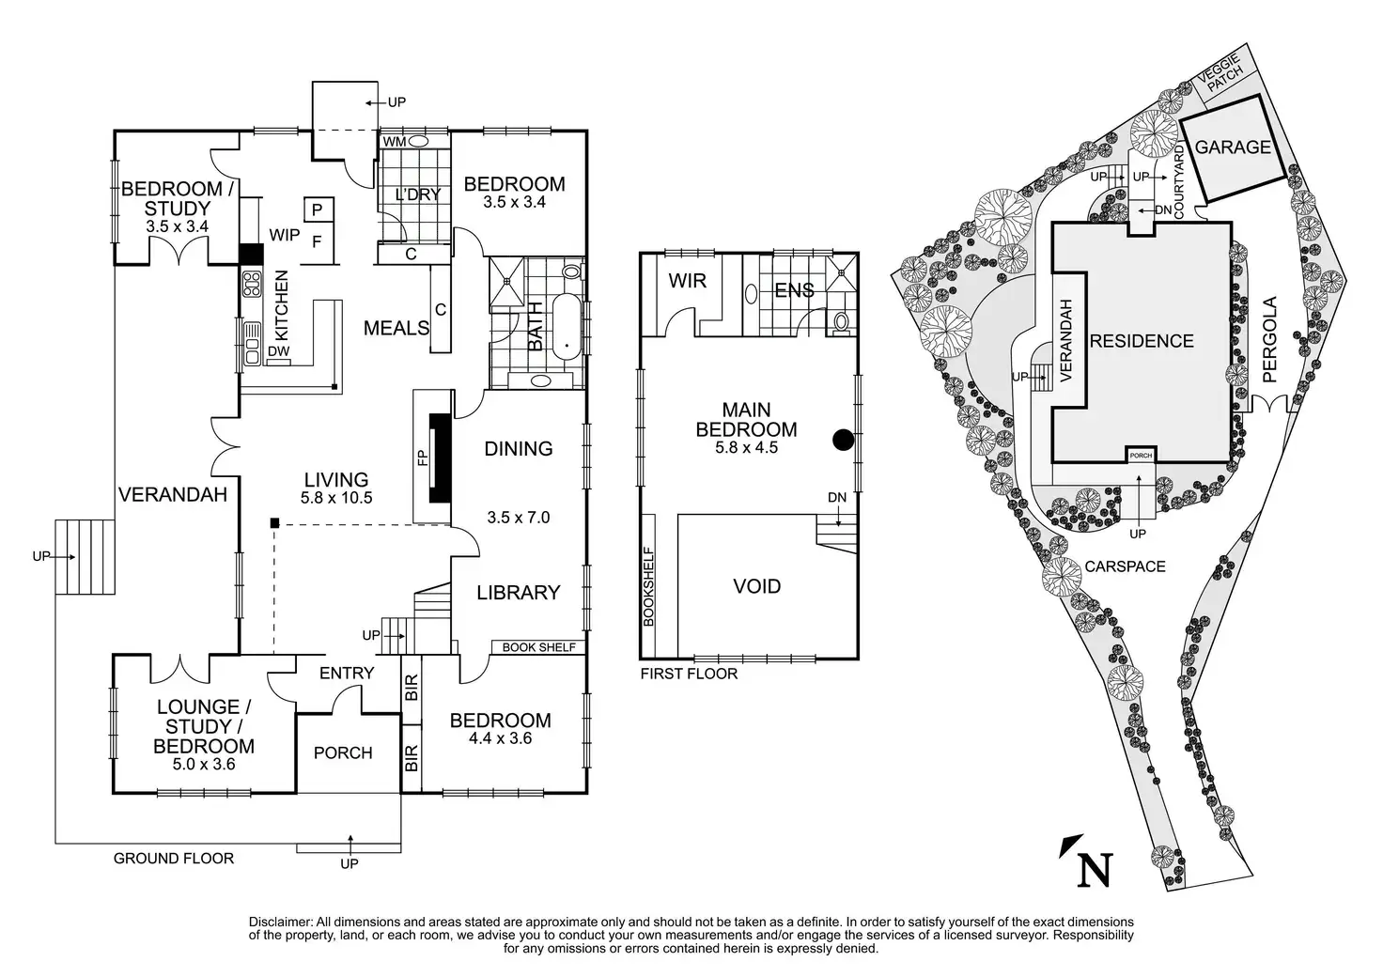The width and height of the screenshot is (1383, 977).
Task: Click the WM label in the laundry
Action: coord(393,141)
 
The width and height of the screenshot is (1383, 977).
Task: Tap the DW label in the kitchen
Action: coord(278,351)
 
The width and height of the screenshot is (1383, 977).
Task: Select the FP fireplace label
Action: coord(422,457)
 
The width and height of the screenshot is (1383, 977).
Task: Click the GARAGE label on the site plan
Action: coord(1233,147)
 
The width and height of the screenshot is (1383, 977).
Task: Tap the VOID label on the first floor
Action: coord(756,586)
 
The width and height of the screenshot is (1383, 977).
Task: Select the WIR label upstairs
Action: coord(687,280)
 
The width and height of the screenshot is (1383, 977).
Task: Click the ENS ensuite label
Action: coord(794,290)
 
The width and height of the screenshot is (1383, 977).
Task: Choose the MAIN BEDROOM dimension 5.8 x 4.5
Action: coord(747,448)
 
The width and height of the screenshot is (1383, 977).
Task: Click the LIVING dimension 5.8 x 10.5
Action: coord(336,498)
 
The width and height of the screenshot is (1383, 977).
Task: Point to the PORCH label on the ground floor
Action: coord(343,752)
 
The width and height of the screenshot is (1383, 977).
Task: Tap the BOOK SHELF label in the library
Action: coord(538,647)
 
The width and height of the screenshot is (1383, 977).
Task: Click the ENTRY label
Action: coord(346,673)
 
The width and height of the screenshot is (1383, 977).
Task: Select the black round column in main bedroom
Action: coord(844,438)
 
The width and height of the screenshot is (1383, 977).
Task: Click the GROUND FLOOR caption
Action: coord(173,858)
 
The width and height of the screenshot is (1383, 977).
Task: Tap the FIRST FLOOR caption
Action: coord(689,674)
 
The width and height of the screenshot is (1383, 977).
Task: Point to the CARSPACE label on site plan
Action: coord(1125,566)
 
